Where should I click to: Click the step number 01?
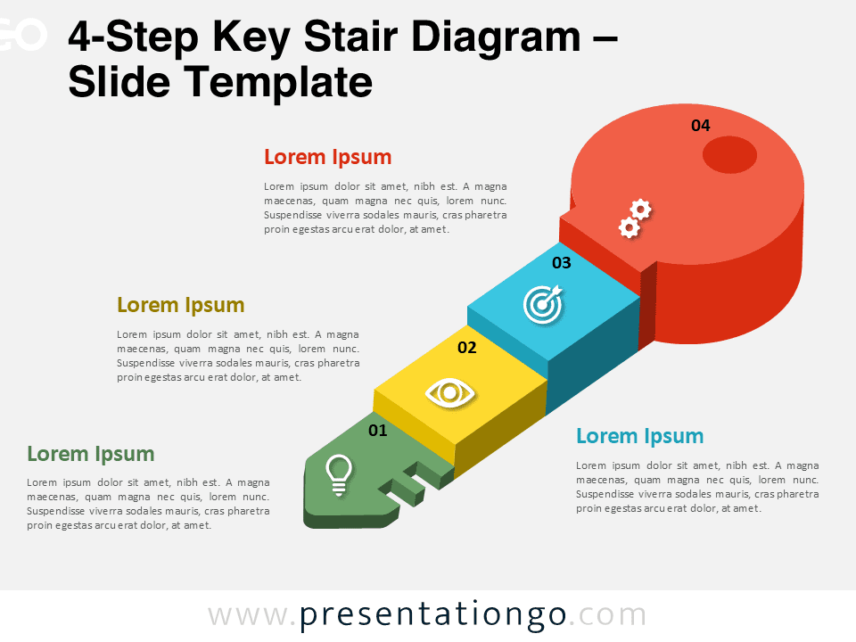pos(378,431)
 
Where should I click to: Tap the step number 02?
pos(467,348)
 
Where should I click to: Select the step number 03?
pos(561,263)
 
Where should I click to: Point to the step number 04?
pos(701,126)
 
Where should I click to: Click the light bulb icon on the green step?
pos(338,473)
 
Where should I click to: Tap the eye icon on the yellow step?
pos(450,392)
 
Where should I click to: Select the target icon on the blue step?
pos(542,303)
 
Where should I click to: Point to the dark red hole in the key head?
pos(730,155)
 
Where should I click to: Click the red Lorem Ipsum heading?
pos(327,158)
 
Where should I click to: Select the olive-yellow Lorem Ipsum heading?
pos(180,305)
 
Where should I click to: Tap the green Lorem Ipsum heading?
pos(90,454)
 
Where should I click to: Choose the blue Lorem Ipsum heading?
pos(639,436)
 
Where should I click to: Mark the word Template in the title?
pos(278,83)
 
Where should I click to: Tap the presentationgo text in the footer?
pos(433,615)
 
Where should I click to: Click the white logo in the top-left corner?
pos(21,36)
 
